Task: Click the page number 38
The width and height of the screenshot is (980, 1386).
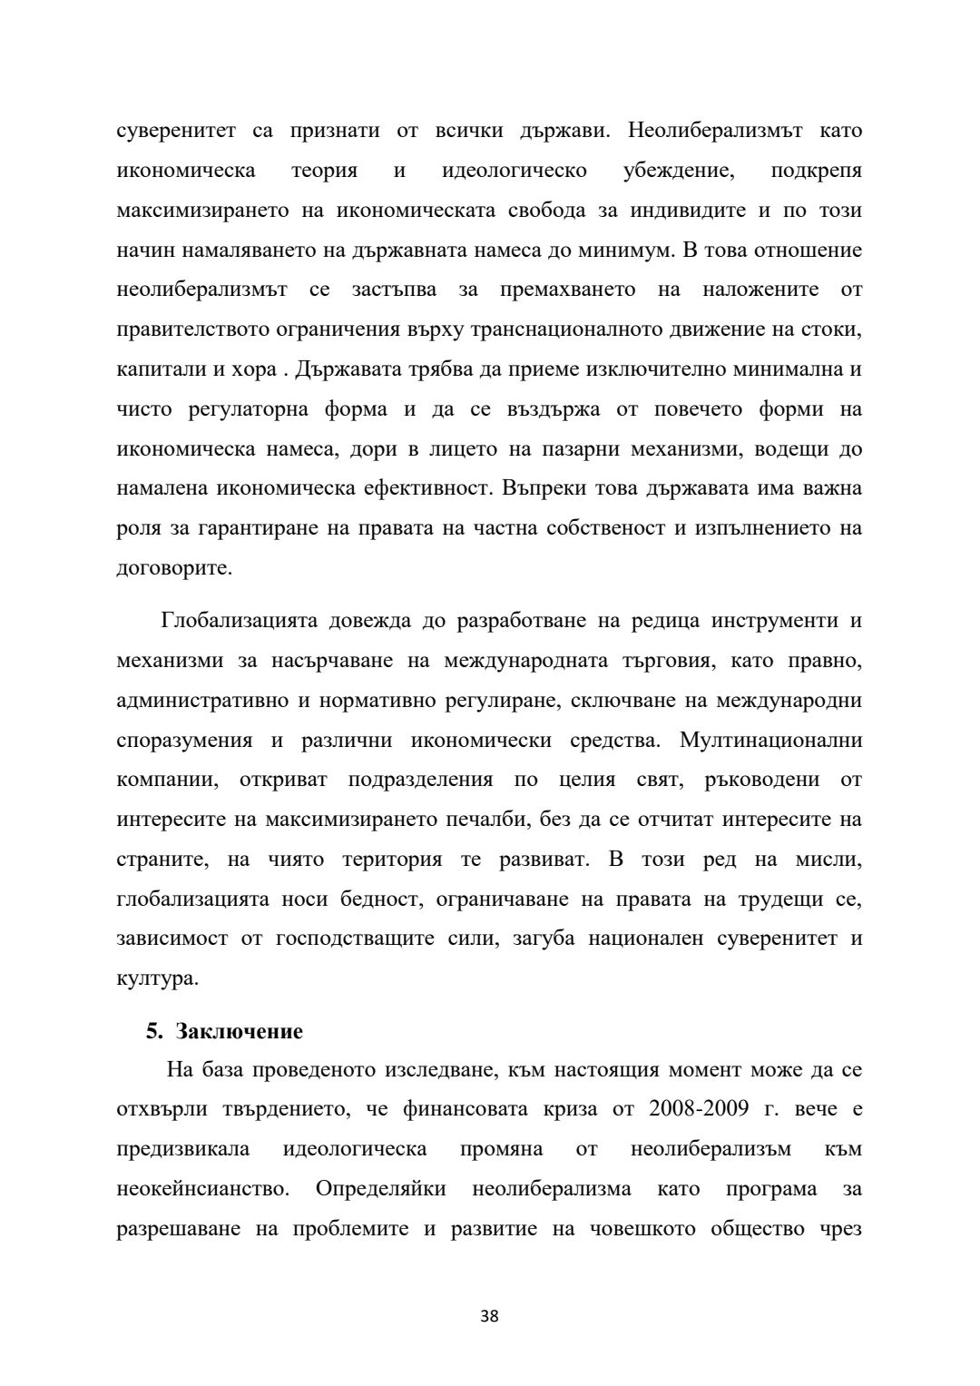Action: (489, 1316)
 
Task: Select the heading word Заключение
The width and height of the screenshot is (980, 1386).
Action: (240, 1032)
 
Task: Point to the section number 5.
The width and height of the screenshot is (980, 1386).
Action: (154, 1032)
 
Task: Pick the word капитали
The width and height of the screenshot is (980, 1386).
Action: (155, 369)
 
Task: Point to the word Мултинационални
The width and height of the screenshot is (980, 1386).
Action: (771, 740)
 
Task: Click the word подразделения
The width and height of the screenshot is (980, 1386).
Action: (421, 780)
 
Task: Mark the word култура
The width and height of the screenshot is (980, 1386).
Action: (157, 978)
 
